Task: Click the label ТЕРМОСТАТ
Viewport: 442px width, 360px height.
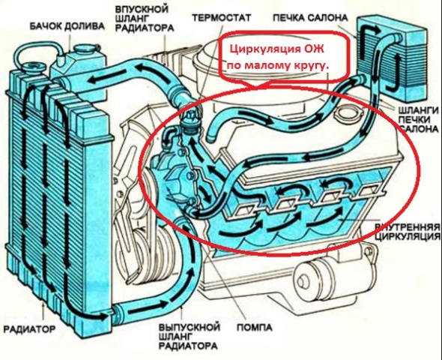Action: point(221,18)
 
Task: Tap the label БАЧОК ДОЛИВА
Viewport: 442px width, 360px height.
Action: point(67,26)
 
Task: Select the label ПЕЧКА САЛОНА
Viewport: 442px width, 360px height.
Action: point(310,18)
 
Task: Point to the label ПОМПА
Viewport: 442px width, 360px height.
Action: point(255,327)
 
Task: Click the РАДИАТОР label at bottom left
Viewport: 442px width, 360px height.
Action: point(29,328)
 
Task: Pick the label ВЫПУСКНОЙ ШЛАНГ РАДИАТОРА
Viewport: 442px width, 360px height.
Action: point(189,336)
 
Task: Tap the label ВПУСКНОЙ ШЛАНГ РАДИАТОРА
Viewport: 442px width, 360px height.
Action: point(145,19)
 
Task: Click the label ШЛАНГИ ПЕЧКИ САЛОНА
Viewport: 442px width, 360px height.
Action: point(419,119)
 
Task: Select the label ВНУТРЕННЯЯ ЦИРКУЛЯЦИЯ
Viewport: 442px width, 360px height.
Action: point(408,232)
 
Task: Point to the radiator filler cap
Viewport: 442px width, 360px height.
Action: point(34,67)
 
